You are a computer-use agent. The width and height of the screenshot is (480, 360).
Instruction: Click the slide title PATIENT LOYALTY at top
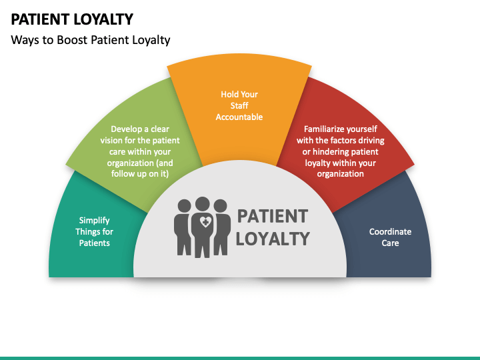[x=72, y=19]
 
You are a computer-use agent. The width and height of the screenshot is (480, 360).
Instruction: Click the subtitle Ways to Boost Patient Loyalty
[x=91, y=40]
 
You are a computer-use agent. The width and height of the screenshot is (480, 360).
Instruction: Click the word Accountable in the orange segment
[x=239, y=117]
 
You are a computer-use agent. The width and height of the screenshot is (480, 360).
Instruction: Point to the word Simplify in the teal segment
[x=95, y=220]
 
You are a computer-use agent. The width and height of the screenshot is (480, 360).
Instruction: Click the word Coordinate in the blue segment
[x=391, y=231]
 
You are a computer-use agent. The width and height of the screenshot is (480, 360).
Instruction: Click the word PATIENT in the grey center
[x=273, y=216]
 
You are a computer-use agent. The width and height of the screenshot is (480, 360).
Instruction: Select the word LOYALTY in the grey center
[x=273, y=238]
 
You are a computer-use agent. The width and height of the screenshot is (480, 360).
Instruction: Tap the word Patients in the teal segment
[x=95, y=243]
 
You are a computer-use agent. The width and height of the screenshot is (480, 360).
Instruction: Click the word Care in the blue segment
[x=391, y=243]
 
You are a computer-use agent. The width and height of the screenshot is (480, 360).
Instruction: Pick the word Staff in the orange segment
[x=239, y=105]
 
